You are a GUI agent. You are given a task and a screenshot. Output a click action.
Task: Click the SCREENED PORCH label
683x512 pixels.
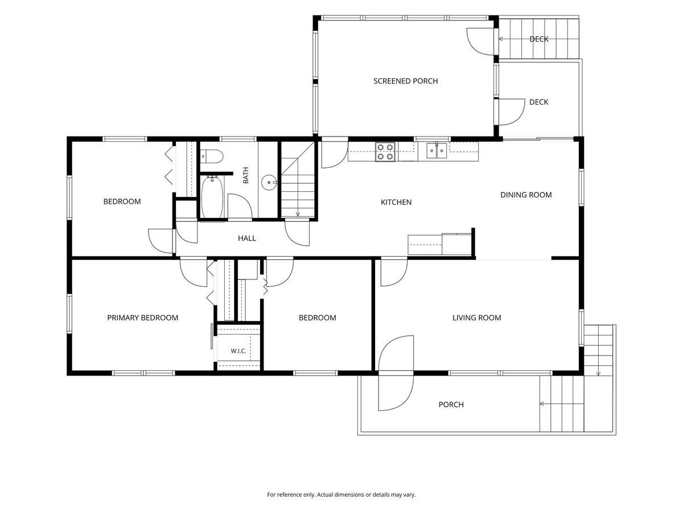coord(405,81)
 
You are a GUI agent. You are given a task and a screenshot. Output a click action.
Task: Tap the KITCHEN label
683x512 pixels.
coord(396,203)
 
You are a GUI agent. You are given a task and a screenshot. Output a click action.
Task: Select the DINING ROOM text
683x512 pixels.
coord(526,195)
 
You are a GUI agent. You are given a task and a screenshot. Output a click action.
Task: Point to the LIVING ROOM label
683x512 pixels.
coord(477,317)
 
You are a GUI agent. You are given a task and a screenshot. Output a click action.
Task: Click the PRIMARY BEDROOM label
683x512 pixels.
coord(142,317)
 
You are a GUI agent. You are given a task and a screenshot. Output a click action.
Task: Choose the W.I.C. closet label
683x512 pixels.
coord(238,351)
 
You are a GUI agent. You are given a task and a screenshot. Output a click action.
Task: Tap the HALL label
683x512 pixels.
coord(247,238)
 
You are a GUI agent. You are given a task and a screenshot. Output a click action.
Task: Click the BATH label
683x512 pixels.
coord(246,175)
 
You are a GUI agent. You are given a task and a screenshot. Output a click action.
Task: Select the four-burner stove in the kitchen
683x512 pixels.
coord(385,152)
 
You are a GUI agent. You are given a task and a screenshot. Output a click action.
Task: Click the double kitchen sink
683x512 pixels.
coord(437,151)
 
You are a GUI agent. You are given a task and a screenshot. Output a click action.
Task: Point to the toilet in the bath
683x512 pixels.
coord(212,156)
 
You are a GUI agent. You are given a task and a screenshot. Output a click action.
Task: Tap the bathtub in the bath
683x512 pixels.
coord(212,197)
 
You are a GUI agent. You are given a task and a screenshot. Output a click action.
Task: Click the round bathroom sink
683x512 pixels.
coord(269,183)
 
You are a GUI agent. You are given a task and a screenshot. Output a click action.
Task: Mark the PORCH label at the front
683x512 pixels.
coord(451,404)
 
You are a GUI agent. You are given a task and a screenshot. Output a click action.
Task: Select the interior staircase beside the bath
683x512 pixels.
coord(298,180)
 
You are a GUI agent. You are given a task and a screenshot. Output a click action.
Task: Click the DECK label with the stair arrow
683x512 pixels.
coord(539,39)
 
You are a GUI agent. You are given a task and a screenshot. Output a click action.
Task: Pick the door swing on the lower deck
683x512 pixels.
coord(512,112)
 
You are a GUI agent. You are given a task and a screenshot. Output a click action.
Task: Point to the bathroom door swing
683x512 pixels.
coord(240,207)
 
